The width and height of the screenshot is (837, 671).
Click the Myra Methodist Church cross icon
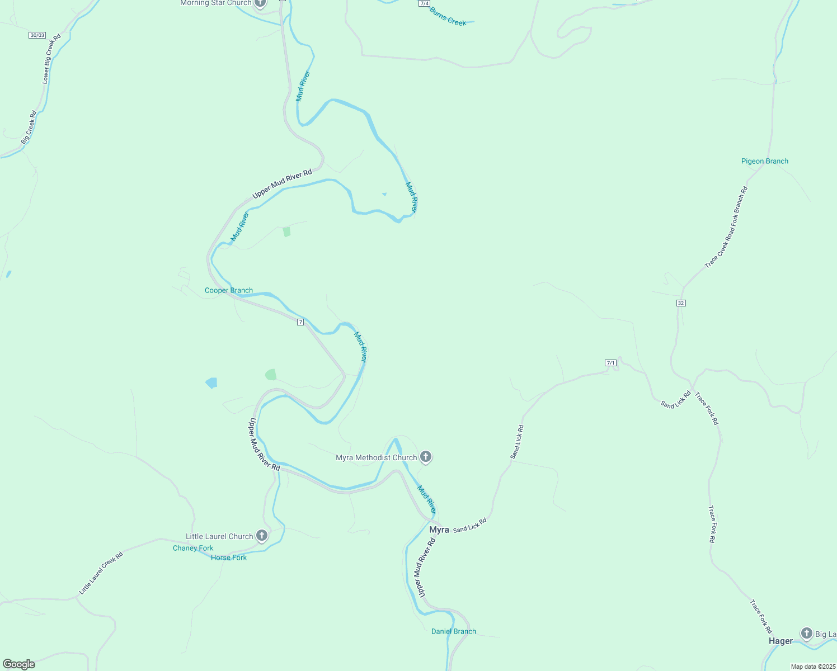[x=426, y=457]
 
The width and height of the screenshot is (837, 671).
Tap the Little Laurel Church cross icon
[x=261, y=536]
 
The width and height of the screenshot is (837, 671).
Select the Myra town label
[x=439, y=530]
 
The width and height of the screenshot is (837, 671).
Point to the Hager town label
[x=780, y=641]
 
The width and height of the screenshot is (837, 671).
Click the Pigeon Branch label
[x=764, y=161]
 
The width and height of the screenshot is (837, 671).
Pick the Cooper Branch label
[x=228, y=290]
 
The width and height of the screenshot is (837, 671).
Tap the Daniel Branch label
[x=453, y=631]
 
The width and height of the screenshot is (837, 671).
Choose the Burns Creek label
[x=448, y=17]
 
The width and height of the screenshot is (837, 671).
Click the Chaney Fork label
[x=193, y=548]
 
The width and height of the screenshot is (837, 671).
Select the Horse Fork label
[x=229, y=557]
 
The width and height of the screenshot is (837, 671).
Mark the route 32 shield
[x=680, y=303]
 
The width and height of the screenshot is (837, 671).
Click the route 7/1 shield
[x=610, y=363]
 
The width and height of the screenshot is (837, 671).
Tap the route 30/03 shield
[x=37, y=35]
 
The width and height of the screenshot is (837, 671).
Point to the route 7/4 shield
[x=424, y=3]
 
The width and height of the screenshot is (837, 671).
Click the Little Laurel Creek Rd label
[x=101, y=573]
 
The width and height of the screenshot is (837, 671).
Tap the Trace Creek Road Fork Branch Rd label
[x=726, y=228]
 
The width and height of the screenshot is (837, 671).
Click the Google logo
[x=19, y=664]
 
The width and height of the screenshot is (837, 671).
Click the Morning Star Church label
[x=215, y=3]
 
